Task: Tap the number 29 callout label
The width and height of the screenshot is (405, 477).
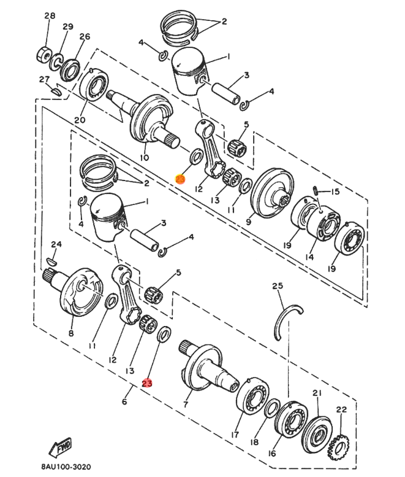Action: pyautogui.click(x=67, y=26)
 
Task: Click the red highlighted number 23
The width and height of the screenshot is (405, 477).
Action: pyautogui.click(x=147, y=382)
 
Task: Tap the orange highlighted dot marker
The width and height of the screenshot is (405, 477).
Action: pyautogui.click(x=180, y=179)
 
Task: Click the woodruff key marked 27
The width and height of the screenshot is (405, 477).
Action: pyautogui.click(x=55, y=90)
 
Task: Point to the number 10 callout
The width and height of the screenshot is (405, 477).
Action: pyautogui.click(x=145, y=157)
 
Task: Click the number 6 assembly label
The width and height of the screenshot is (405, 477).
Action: pyautogui.click(x=124, y=402)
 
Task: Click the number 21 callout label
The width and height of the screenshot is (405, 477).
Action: pyautogui.click(x=316, y=393)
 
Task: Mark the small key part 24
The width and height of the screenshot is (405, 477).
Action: pyautogui.click(x=52, y=260)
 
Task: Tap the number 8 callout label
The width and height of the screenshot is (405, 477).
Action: pyautogui.click(x=71, y=333)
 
